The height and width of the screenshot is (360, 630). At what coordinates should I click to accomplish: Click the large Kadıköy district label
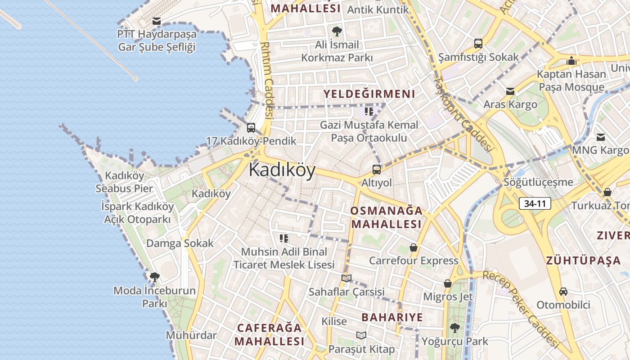click(x=282, y=171)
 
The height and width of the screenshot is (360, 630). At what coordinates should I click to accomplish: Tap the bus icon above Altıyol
click(x=377, y=170)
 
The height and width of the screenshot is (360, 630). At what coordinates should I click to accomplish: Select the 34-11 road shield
click(x=535, y=203)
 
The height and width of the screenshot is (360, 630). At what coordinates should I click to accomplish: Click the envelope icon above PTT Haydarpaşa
click(x=157, y=21)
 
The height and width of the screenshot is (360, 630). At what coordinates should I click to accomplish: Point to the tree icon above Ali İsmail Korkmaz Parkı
click(x=337, y=31)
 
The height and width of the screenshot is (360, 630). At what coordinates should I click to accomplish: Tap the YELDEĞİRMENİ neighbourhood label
click(x=369, y=94)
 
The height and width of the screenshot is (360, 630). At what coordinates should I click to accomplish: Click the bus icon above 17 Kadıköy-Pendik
click(x=251, y=128)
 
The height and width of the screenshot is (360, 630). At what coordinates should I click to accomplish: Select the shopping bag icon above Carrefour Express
click(x=414, y=247)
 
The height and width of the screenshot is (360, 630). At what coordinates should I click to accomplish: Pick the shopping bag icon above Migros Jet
click(x=448, y=283)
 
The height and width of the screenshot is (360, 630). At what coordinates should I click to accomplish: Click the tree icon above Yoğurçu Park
click(x=455, y=328)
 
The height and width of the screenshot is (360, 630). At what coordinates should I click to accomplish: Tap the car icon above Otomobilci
click(x=563, y=292)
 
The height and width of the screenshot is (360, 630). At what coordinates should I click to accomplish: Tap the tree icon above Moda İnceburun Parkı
click(x=154, y=277)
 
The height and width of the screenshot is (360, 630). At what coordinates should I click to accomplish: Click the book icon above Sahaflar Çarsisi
click(x=346, y=279)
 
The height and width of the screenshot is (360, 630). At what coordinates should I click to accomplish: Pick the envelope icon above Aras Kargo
click(x=510, y=91)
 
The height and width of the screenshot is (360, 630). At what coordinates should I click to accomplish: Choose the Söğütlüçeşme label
click(x=538, y=182)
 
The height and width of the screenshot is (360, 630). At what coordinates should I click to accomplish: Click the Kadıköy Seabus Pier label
click(x=124, y=182)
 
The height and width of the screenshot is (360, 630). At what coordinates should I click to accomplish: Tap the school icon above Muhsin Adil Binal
click(x=283, y=238)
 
